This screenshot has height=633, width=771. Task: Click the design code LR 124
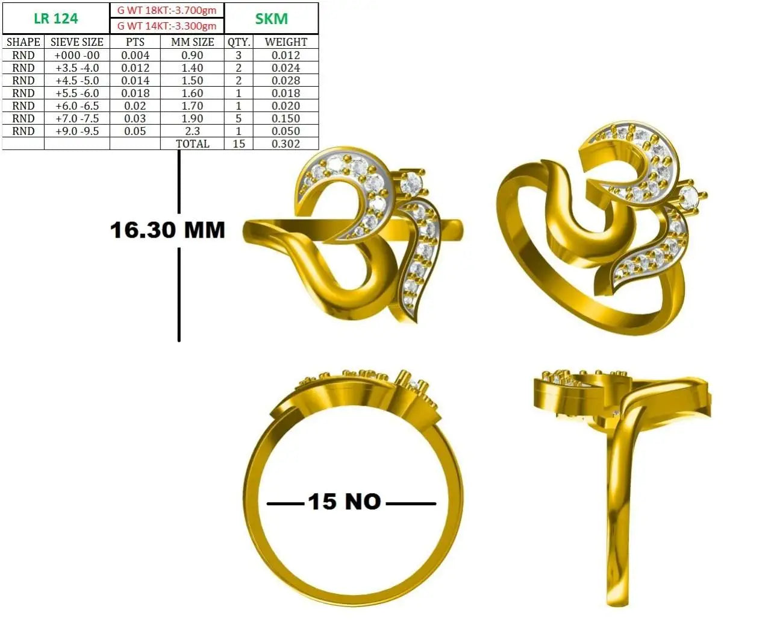click(x=56, y=18)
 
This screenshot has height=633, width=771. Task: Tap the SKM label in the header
click(x=271, y=19)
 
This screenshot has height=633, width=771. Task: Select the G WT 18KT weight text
click(x=167, y=10)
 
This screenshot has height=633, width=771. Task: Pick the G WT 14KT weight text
click(x=167, y=26)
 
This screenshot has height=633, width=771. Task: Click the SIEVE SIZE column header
click(x=76, y=42)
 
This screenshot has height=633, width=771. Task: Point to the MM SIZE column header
click(x=192, y=42)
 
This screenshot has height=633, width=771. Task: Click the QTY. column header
click(x=239, y=42)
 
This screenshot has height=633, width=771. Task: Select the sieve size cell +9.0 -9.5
click(x=76, y=131)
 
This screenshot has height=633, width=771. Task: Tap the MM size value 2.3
click(x=192, y=131)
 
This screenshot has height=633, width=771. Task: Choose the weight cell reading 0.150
click(x=286, y=119)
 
